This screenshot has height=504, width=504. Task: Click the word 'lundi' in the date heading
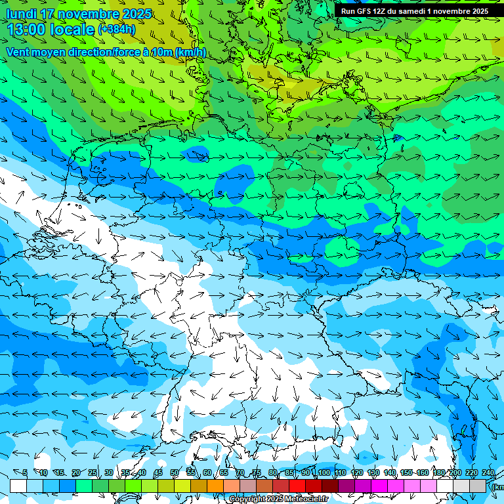coord(21,14)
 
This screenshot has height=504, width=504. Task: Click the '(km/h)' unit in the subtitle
coord(190,52)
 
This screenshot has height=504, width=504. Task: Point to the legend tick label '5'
coord(25,473)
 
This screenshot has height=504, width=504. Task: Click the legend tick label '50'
coord(174,473)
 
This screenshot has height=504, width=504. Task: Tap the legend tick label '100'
coord(324,473)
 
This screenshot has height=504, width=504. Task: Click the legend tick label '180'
coord(439,473)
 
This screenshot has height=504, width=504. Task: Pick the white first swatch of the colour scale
coord(18,486)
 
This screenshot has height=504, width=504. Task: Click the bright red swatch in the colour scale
coord(297,486)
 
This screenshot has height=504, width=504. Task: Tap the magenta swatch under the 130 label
coord(379,486)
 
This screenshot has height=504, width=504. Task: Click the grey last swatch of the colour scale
coord(478,486)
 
